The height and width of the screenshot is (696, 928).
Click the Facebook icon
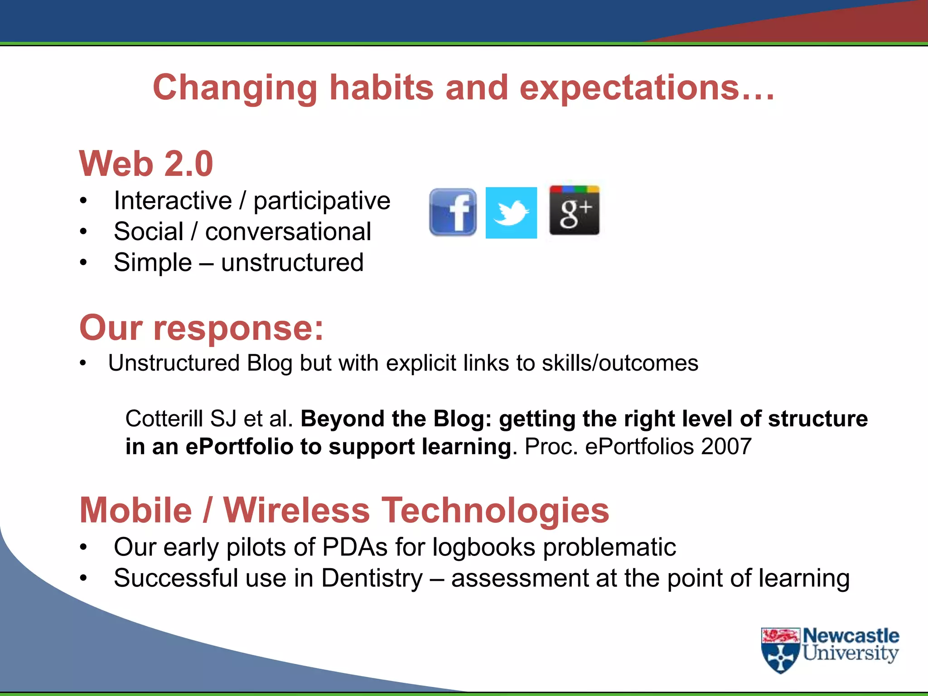pos(453,212)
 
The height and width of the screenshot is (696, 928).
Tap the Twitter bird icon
pos(511,213)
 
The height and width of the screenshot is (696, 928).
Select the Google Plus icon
pos(574,211)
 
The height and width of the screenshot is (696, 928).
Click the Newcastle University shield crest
pos(780,651)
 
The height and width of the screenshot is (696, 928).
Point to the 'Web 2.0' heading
pos(146,164)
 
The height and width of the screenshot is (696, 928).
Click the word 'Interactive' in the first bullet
pos(173,201)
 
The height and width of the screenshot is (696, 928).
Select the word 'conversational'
pos(288,232)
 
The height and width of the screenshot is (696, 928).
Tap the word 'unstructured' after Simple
pos(292,262)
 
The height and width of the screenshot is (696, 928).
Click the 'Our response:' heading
pos(202,328)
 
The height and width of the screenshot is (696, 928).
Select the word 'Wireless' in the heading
pos(297,510)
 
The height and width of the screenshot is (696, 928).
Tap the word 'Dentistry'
pos(372,578)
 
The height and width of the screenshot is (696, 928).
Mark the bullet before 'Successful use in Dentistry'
pos(83,578)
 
